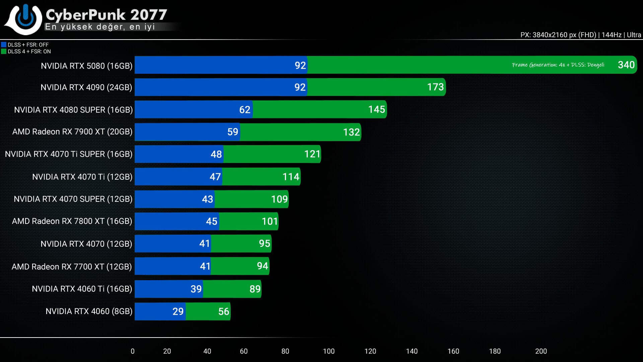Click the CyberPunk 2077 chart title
pos(106,15)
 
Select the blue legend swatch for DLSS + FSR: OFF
pos(4,45)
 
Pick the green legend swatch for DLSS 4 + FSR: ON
pos(4,51)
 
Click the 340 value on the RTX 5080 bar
pos(626,65)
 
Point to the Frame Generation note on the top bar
pos(558,65)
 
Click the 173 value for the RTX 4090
pos(435,87)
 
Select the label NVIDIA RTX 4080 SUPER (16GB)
pos(73,110)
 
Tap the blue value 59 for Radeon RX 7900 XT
pos(233,132)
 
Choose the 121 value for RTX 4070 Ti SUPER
pos(312,154)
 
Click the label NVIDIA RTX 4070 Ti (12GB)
pos(82,177)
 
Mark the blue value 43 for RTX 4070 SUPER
pos(207,199)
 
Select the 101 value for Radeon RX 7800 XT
pos(270,221)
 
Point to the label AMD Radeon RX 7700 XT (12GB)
pos(72,266)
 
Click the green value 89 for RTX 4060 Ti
pos(255,289)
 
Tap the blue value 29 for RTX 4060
pos(178,311)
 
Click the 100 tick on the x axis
pos(329,351)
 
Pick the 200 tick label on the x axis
pos(541,351)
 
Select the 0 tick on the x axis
pos(133,351)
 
